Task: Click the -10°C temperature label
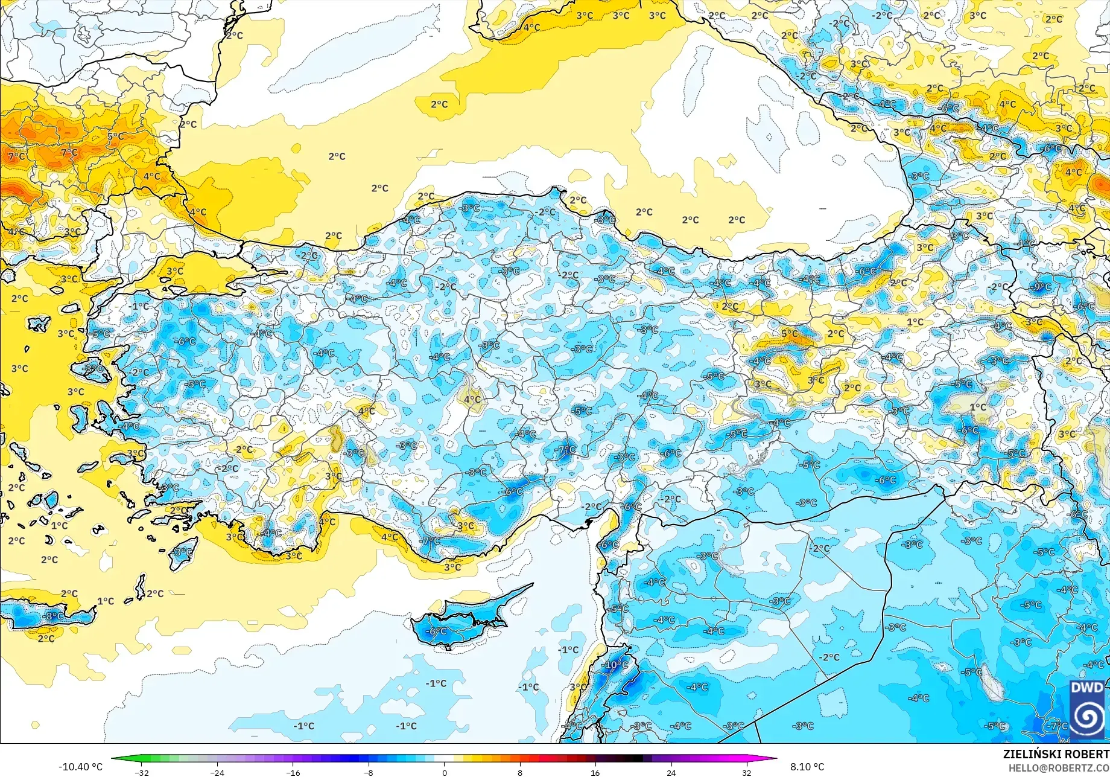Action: coord(615,665)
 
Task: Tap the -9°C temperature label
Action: coord(1042,287)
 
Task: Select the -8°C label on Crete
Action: coord(54,616)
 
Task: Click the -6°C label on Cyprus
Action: coord(437,632)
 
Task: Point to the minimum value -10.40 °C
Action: coord(80,767)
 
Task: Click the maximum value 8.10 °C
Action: coord(807,767)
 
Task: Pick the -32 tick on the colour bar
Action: coord(141,772)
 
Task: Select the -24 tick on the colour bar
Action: coord(217,772)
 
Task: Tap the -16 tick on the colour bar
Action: coord(293,772)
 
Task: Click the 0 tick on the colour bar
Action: coord(445,772)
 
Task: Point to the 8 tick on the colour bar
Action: coord(520,772)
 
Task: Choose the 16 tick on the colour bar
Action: coord(595,772)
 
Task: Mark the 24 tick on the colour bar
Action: coord(671,772)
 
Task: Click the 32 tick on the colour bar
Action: coord(746,772)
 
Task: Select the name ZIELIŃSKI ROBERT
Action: coord(1056,754)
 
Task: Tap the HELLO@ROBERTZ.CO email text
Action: coord(1059,767)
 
